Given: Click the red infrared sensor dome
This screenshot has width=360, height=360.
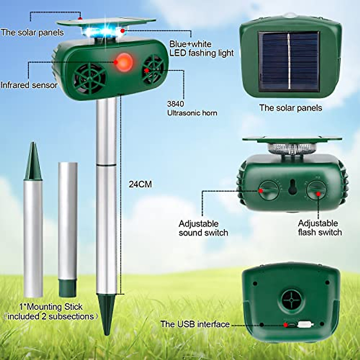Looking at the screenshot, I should tap(124, 62).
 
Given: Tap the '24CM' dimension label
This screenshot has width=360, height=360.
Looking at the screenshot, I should tap(140, 184).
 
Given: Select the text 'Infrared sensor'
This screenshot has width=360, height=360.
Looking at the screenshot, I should tap(29, 85).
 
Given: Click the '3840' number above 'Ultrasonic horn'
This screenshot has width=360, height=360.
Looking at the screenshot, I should tap(175, 104).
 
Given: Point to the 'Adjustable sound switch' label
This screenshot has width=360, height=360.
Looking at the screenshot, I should tap(203, 228).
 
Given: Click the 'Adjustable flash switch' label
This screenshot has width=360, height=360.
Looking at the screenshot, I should tap(319, 228).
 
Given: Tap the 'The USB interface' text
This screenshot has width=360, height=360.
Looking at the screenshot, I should tap(195, 324).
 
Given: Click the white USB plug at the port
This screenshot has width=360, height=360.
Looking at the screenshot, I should tap(305, 325).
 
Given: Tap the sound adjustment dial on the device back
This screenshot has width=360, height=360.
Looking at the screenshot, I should tap(269, 190).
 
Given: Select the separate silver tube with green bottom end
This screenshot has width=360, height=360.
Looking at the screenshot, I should tap(68, 229).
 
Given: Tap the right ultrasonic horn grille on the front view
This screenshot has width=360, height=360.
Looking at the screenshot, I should tap(153, 70).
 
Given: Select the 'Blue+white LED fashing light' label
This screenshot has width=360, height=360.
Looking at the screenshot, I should tap(201, 48).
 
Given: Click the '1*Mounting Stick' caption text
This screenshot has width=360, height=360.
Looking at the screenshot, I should tap(51, 307).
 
